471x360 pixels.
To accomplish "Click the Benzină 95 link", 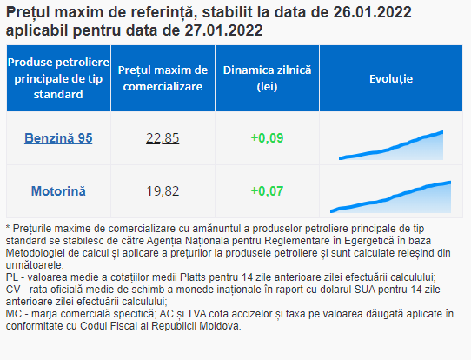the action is point(58,138).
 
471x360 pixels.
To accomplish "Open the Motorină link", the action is point(58,191).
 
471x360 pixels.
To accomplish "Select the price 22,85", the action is point(163,138).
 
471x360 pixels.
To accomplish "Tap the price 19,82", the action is point(163,191).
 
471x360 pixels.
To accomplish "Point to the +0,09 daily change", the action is point(267,138).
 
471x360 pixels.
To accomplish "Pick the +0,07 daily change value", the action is point(267,191).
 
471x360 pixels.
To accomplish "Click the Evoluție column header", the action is point(391,79).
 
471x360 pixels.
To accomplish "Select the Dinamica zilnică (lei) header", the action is point(267,78).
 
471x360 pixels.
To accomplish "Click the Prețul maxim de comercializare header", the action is point(163,78).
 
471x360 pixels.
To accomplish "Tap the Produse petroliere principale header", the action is point(58,78).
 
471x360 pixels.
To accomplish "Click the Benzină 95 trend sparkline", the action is point(391,145).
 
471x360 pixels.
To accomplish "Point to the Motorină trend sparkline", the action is point(390,197).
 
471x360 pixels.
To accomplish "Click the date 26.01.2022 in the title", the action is point(372,12).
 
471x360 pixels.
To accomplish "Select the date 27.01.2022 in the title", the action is point(223,30).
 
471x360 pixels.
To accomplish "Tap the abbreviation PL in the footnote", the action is point(12,277).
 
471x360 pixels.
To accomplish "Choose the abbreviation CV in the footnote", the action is point(13,290).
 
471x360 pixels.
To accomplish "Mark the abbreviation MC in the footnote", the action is point(14,314).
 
